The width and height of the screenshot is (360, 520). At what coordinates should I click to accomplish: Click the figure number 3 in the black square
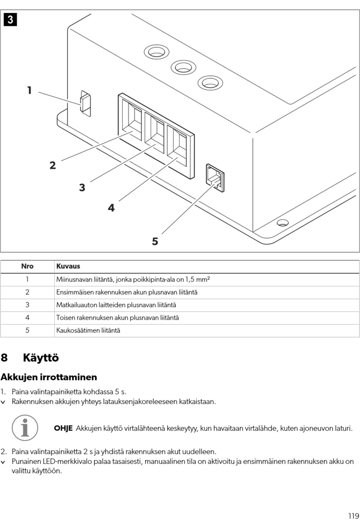point(10,19)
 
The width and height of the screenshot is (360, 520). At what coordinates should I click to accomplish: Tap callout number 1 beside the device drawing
point(30,91)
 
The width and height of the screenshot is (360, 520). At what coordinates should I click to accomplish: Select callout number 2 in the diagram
point(53,165)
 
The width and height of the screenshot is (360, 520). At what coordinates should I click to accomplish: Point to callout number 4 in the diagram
point(111,208)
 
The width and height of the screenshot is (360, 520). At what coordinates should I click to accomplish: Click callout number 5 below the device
point(155,241)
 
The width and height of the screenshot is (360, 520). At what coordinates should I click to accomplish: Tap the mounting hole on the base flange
point(283,222)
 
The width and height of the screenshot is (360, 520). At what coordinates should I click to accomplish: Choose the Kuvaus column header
point(68,266)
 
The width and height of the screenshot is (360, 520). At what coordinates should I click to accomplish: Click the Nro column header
point(27,266)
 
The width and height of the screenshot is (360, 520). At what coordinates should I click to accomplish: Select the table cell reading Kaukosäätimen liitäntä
point(88,330)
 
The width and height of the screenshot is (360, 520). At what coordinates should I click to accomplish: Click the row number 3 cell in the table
point(27,305)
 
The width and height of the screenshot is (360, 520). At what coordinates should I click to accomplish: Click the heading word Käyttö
point(41,358)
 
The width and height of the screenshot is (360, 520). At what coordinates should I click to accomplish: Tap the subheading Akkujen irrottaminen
point(49,377)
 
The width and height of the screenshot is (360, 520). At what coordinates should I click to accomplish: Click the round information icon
point(25,428)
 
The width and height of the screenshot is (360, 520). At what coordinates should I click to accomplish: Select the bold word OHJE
point(63,428)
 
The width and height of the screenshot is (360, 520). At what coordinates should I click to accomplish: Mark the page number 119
point(353,505)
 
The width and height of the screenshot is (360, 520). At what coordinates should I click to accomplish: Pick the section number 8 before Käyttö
point(4,358)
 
